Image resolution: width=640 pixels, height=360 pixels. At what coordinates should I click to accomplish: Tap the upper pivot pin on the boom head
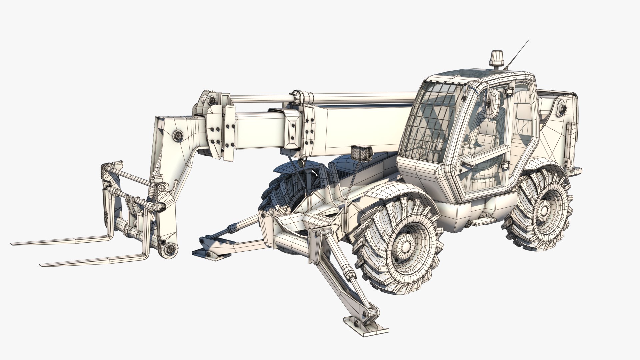click(x=178, y=135)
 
